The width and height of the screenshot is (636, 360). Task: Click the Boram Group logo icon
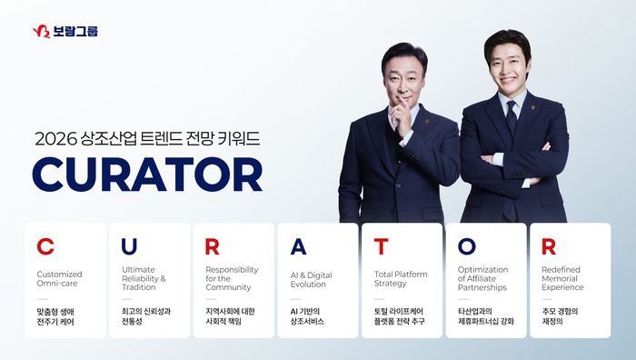click(x=41, y=32)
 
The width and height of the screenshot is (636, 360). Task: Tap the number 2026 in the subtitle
click(x=54, y=139)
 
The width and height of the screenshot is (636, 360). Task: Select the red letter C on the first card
click(x=45, y=247)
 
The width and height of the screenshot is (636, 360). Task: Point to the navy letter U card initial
click(x=129, y=247)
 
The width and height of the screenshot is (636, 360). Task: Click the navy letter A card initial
click(x=297, y=247)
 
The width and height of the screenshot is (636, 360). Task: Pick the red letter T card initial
click(x=382, y=247)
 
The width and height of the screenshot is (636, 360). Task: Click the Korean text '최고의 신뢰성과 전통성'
click(x=145, y=316)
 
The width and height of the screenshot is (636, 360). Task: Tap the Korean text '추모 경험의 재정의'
click(x=561, y=316)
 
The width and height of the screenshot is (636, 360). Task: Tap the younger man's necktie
click(x=512, y=118)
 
